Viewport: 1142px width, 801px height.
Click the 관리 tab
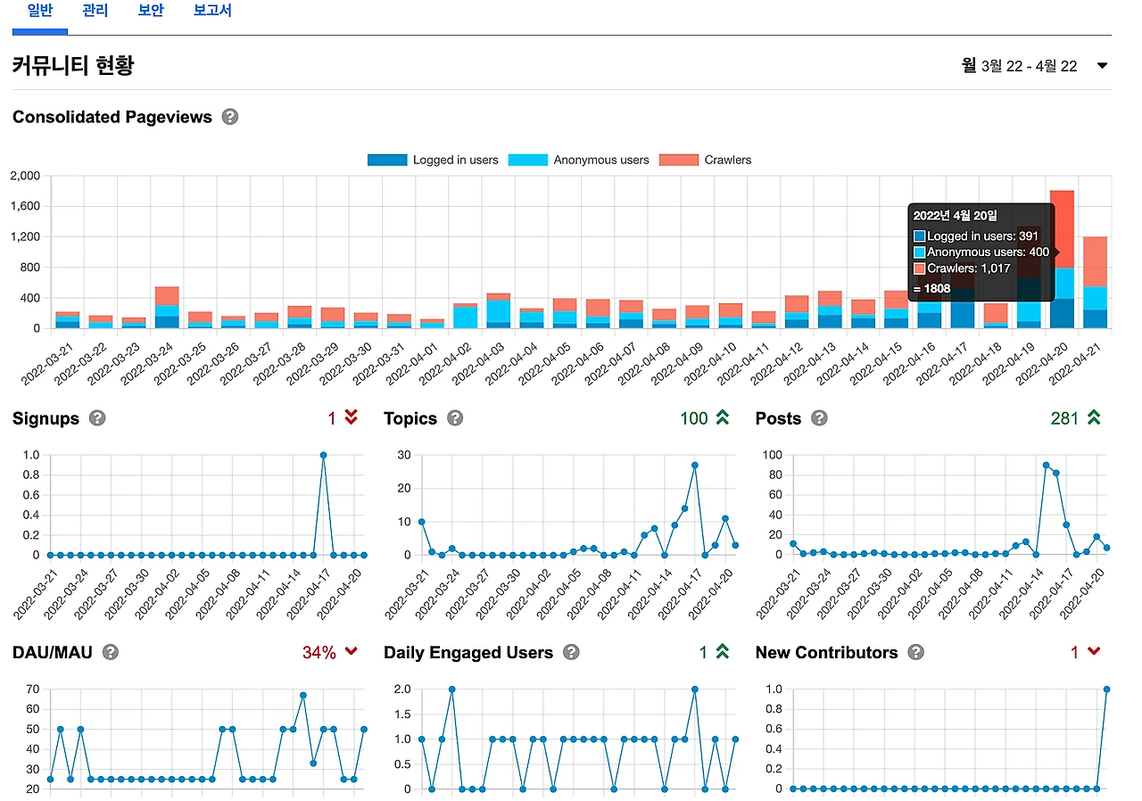pos(94,12)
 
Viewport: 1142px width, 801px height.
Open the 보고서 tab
pos(212,12)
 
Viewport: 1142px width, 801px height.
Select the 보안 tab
pos(151,12)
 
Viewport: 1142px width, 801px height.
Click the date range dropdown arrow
pos(1102,66)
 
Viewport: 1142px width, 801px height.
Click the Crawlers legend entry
pos(705,160)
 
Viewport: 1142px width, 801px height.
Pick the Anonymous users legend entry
pos(578,160)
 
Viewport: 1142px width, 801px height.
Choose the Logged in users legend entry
pos(433,160)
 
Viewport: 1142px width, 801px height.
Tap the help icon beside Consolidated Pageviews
pos(230,117)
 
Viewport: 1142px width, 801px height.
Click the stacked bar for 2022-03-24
pos(167,308)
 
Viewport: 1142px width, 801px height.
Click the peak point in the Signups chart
pos(323,455)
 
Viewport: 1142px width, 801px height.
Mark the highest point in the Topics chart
pos(694,465)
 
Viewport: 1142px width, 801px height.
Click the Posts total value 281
pos(1064,418)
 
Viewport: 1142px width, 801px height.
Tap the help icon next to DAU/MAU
pos(111,652)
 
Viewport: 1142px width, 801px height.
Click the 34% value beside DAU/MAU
pos(319,653)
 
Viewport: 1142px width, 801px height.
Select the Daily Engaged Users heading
pos(468,653)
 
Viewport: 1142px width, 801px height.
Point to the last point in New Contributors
pos(1106,690)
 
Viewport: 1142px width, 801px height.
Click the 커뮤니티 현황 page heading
pos(73,66)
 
